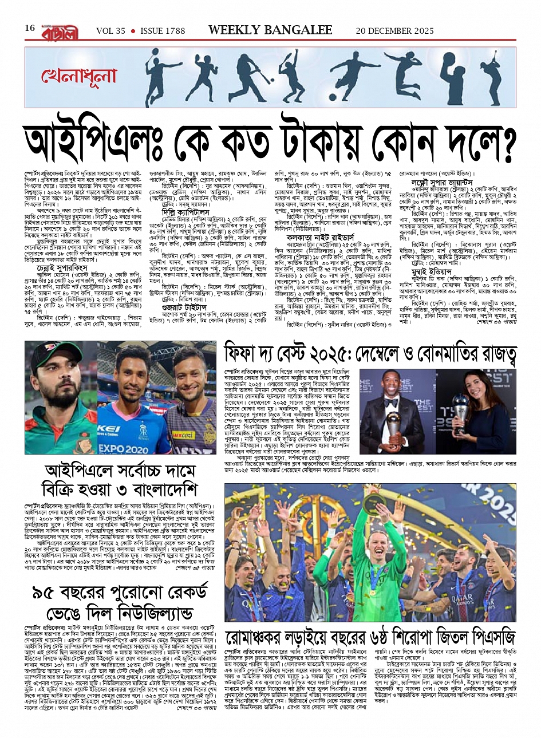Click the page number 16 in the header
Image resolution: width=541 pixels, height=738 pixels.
(30, 29)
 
